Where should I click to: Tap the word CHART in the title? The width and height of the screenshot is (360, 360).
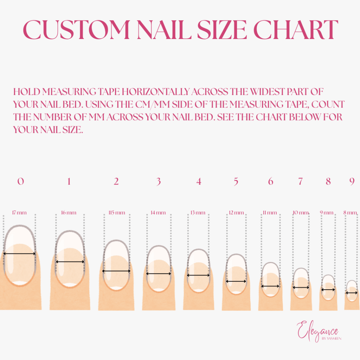[x=296, y=30]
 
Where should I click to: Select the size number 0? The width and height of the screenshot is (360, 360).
[x=21, y=181]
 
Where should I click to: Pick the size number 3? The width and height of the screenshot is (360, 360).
[x=159, y=182]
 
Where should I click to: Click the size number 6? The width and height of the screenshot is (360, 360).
[x=271, y=181]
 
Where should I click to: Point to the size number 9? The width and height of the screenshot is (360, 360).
[x=352, y=181]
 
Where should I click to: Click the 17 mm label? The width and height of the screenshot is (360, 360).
[x=19, y=213]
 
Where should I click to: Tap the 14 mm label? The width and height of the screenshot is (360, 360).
[x=158, y=213]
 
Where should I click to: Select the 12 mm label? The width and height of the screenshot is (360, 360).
[x=236, y=213]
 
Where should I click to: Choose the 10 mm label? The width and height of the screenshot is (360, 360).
[x=301, y=213]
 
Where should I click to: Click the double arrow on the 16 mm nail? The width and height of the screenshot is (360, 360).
[x=70, y=262]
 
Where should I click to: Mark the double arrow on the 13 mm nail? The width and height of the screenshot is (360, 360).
[x=198, y=275]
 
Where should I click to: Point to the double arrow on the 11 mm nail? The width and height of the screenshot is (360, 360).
[x=270, y=286]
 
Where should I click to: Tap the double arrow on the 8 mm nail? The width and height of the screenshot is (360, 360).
[x=352, y=293]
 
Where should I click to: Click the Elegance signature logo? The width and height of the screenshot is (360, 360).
[x=317, y=330]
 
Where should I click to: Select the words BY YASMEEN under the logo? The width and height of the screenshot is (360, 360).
[x=332, y=339]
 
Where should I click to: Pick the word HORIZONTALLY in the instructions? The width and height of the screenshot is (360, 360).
[x=155, y=92]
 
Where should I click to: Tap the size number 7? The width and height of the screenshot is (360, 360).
[x=300, y=181]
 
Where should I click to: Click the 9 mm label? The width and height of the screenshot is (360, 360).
[x=327, y=213]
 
